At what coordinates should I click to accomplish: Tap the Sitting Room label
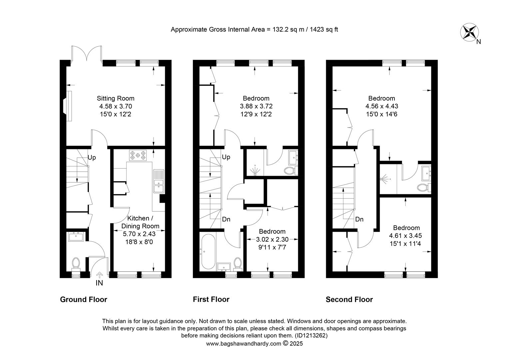coord(116,98)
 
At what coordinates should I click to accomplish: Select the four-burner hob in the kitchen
coord(138,155)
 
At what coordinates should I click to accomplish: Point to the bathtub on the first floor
coord(208,252)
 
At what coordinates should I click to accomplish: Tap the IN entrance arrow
coord(99,275)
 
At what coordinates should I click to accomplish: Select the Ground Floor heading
coord(83,300)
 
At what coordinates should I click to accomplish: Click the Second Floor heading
coord(349,300)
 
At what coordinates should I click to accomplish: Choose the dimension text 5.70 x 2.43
coord(139,234)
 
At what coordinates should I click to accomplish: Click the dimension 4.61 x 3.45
coord(405,236)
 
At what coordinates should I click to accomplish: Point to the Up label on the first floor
coord(226,157)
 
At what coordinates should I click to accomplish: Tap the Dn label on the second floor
coord(359,219)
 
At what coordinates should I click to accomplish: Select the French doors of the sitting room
coord(86,53)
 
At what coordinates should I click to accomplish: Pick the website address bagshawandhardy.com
coord(244,344)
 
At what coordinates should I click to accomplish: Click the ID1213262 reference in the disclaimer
coord(311,335)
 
